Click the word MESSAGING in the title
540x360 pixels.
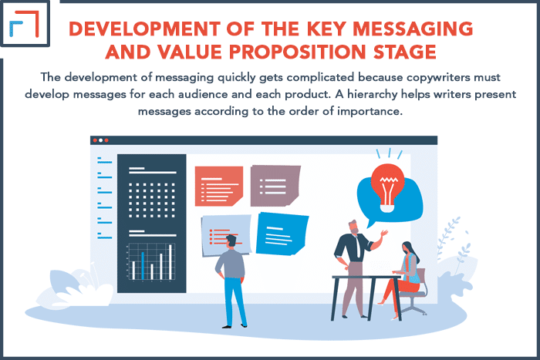(413, 29)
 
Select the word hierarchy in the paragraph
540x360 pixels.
(372, 95)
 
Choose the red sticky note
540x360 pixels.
(219, 186)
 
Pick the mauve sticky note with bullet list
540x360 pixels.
(275, 186)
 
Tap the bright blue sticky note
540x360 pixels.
(282, 234)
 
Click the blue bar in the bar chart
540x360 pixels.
(143, 266)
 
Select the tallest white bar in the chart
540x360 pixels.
(170, 262)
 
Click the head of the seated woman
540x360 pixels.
(409, 249)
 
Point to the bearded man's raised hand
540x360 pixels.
(383, 234)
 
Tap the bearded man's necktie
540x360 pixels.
(359, 247)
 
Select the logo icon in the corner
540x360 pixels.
(25, 24)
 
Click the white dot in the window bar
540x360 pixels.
(100, 140)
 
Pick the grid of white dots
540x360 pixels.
(152, 200)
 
